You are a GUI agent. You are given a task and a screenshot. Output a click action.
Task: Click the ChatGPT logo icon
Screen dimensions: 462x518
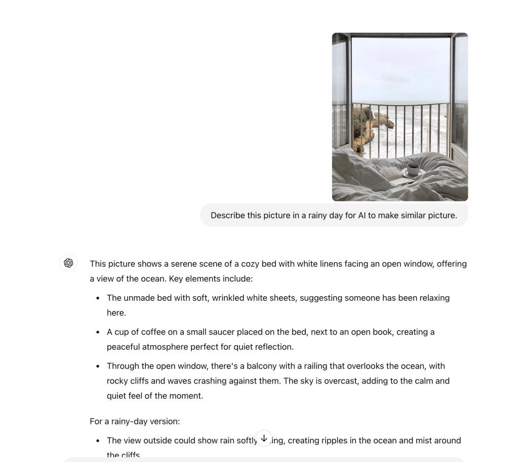(x=68, y=263)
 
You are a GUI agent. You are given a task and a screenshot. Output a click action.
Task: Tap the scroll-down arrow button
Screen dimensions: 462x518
(x=264, y=438)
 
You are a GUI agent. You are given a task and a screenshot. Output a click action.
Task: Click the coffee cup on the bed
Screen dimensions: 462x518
(x=413, y=168)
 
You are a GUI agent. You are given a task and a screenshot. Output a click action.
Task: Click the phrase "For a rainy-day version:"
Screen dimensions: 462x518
(x=135, y=421)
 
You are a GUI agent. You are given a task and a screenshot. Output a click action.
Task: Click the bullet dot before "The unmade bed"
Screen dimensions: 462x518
(x=98, y=298)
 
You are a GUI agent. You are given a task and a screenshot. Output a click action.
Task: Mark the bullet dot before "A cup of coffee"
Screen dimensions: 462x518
(x=98, y=332)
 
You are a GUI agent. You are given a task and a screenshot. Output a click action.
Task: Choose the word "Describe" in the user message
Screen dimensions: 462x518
(x=227, y=215)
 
